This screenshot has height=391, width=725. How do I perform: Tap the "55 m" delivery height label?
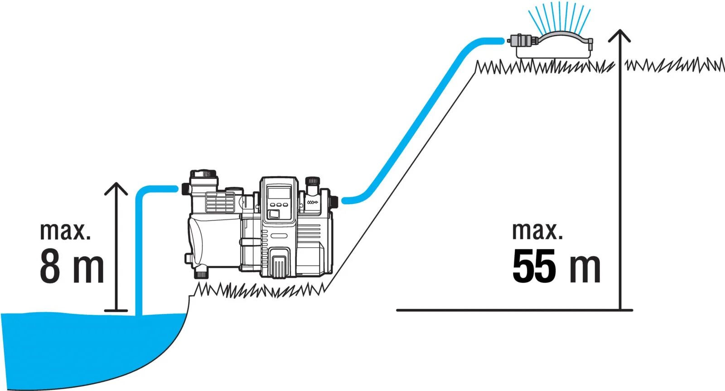(556, 267)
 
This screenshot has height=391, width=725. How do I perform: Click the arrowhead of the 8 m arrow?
(116, 187)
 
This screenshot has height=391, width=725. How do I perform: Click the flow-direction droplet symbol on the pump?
(312, 202)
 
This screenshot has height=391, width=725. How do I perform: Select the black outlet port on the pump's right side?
(334, 200)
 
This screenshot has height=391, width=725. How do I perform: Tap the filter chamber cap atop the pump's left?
(203, 174)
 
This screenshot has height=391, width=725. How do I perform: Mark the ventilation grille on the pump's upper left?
(220, 202)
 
